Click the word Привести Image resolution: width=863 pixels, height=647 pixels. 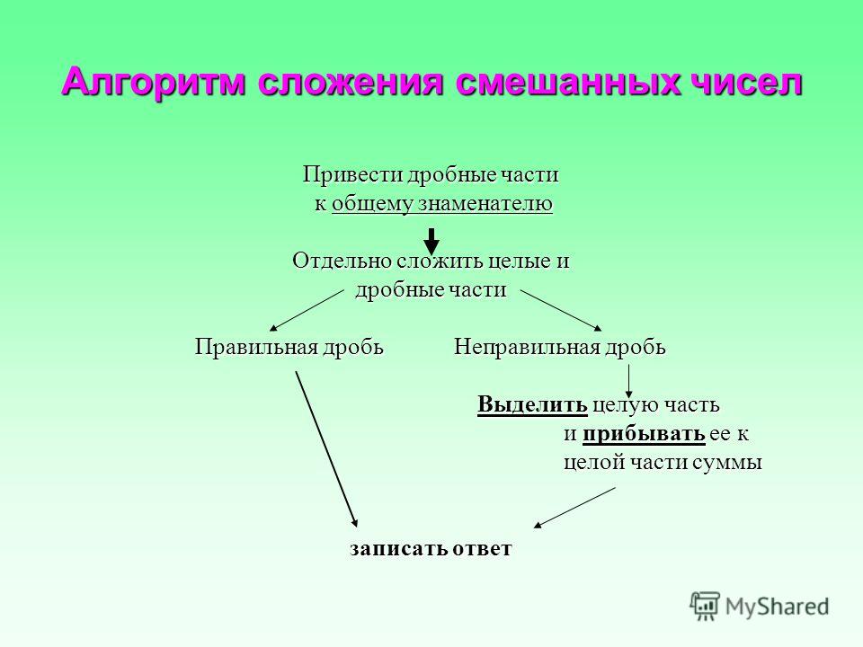click(x=353, y=175)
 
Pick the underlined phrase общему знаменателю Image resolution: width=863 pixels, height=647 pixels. click(x=442, y=204)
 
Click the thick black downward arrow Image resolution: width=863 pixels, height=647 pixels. click(x=432, y=242)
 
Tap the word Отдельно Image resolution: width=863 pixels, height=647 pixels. click(x=342, y=261)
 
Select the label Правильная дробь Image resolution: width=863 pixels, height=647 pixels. click(x=289, y=347)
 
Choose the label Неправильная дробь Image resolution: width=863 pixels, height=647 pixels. click(x=560, y=347)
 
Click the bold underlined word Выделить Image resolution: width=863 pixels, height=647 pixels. click(x=532, y=404)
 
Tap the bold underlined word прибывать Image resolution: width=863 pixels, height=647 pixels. click(x=644, y=433)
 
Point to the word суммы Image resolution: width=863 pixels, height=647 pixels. click(x=726, y=463)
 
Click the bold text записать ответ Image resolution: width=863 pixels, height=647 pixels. click(x=431, y=548)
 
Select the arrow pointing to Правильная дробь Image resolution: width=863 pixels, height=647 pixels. click(x=306, y=311)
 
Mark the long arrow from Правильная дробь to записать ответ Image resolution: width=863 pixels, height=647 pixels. click(x=327, y=449)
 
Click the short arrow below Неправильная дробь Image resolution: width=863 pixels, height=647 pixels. click(x=628, y=381)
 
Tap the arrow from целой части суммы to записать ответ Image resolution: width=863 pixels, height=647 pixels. click(x=574, y=507)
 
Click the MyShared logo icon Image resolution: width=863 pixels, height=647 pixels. click(x=705, y=607)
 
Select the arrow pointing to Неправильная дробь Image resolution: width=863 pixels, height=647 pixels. click(x=561, y=311)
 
